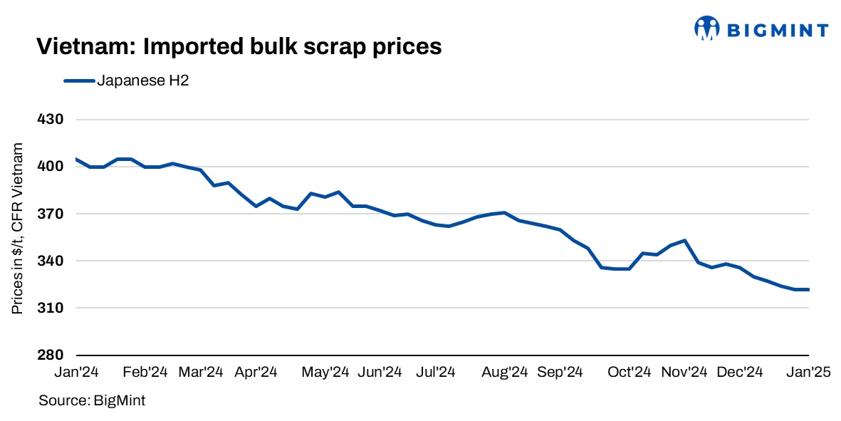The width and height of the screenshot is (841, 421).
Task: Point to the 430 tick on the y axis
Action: click(51, 120)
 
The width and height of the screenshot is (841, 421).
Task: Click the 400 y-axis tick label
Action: click(51, 167)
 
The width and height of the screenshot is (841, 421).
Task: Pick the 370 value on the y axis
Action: click(51, 214)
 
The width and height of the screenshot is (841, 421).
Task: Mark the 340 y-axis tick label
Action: click(51, 261)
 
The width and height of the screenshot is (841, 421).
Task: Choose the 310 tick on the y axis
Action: click(51, 308)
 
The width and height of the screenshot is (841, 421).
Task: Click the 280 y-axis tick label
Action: click(51, 355)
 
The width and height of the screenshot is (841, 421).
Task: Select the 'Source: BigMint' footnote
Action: click(92, 401)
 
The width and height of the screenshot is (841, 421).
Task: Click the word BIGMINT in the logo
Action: click(777, 30)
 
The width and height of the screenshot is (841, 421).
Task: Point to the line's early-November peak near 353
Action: click(684, 240)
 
